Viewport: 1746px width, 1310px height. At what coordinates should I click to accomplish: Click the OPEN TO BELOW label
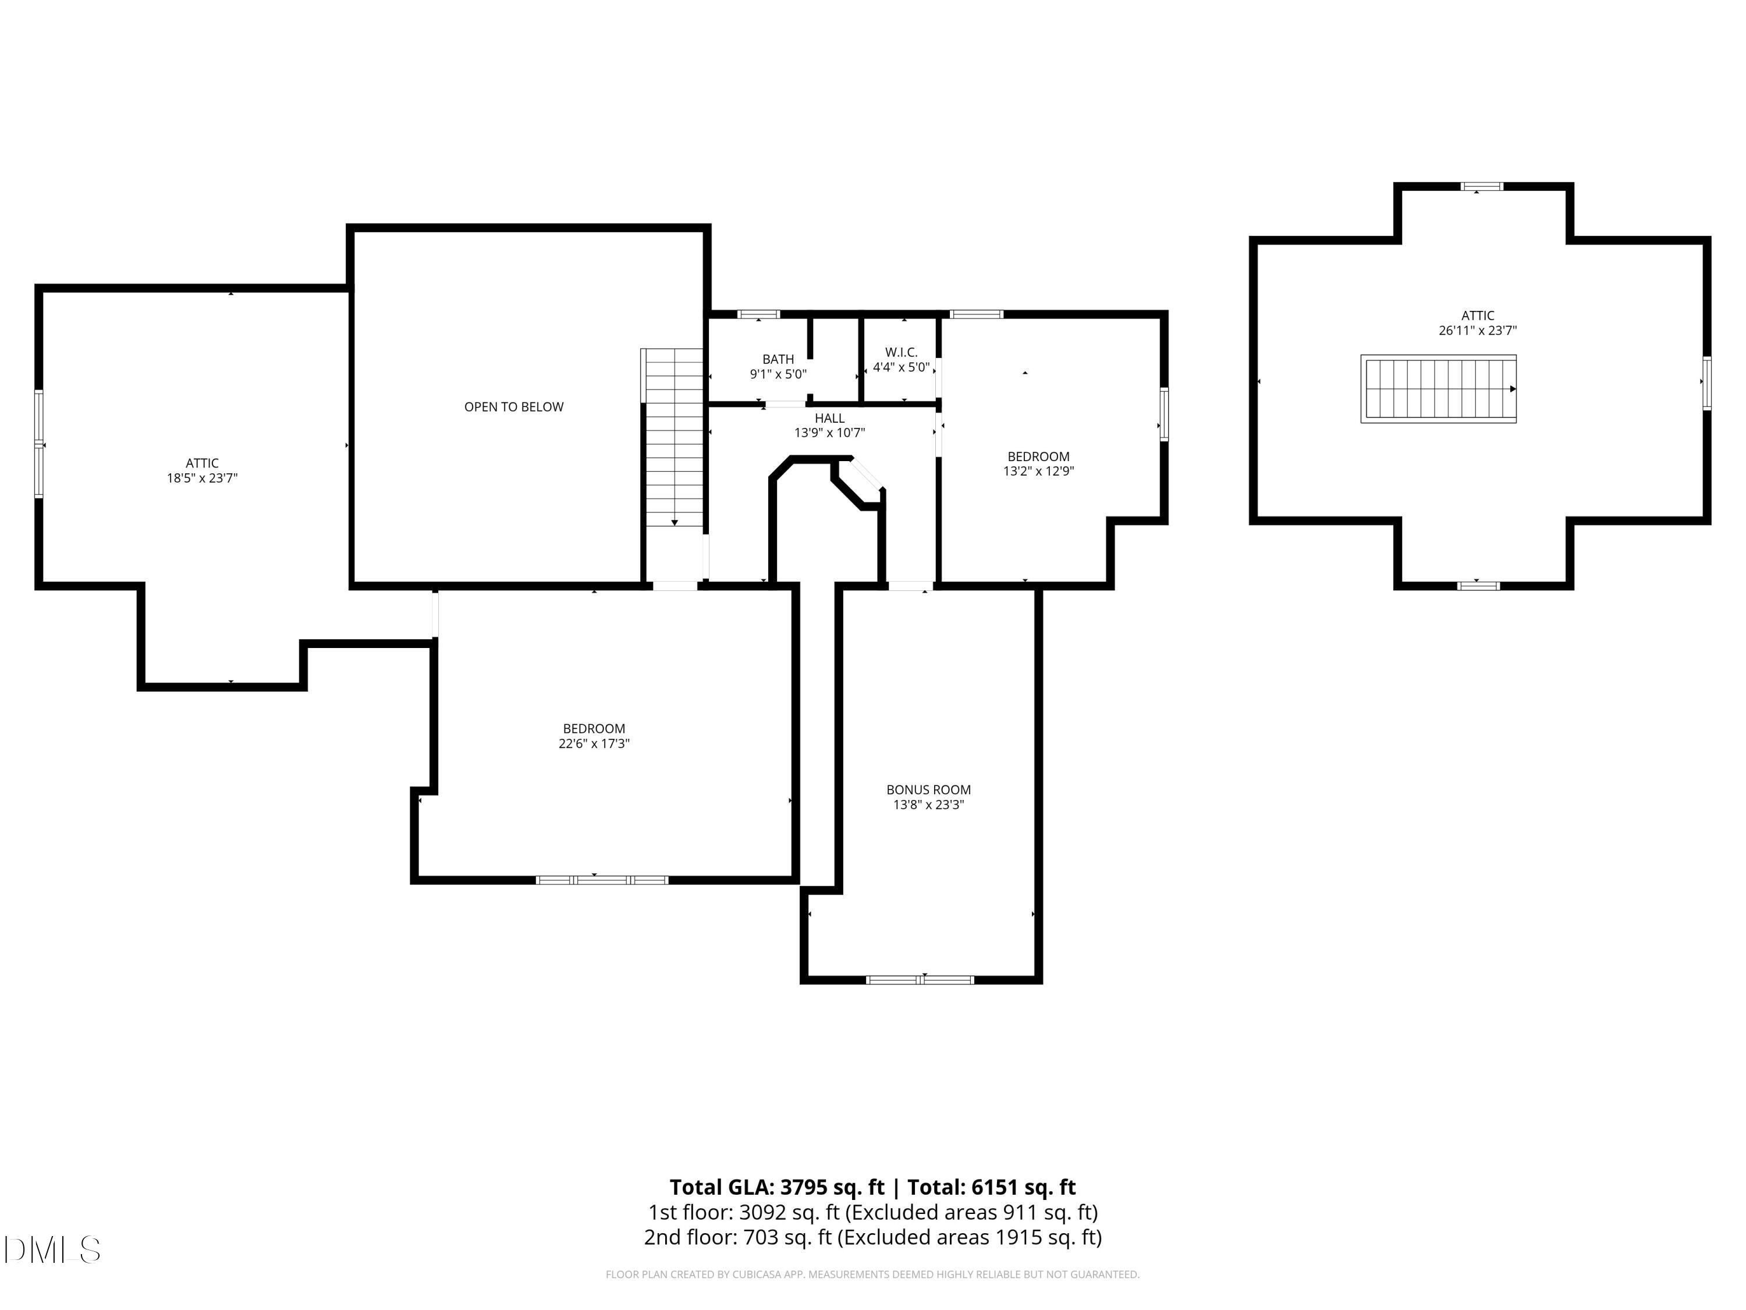point(514,406)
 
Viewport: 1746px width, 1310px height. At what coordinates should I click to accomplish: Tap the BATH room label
point(778,359)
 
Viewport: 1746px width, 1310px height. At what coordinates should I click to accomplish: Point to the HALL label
point(829,417)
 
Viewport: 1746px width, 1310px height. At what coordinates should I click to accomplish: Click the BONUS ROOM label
point(928,789)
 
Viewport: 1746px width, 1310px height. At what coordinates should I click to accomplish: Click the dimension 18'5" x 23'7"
point(202,478)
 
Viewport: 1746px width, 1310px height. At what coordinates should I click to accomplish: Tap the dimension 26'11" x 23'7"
point(1478,331)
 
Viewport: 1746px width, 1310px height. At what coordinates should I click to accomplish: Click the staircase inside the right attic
point(1438,388)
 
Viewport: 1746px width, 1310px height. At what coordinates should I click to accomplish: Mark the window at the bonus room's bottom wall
point(920,980)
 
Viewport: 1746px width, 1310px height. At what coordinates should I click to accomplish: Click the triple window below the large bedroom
point(602,880)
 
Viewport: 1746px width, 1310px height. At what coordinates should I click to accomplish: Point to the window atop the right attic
point(1482,187)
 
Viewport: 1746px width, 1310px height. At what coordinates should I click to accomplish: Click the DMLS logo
point(53,1250)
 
